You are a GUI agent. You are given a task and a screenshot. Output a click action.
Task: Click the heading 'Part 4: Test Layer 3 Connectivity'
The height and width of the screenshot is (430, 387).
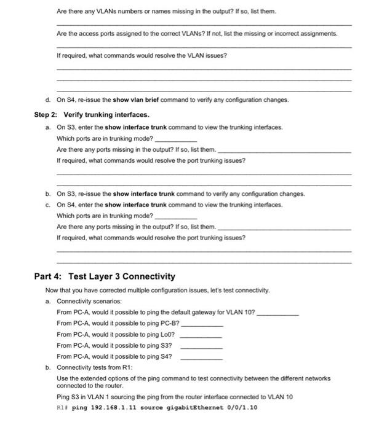(x=105, y=276)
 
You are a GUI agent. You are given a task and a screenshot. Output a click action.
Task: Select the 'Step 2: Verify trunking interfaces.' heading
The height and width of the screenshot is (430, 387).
(x=92, y=115)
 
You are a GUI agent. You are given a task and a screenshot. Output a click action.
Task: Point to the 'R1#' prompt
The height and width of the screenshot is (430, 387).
(x=62, y=407)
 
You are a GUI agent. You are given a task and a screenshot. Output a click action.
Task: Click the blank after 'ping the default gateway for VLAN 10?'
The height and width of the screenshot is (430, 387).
(x=277, y=313)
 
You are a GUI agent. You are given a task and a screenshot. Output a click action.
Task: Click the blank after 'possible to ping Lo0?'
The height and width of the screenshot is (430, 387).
(x=201, y=335)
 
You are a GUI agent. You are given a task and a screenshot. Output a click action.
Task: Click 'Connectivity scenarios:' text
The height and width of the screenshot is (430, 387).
(x=89, y=302)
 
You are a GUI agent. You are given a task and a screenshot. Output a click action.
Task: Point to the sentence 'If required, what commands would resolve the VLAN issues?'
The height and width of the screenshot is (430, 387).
(x=142, y=56)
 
